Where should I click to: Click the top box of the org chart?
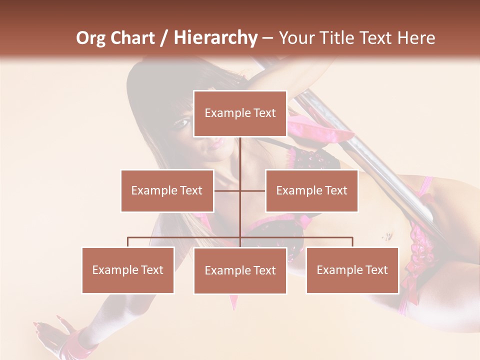[x=240, y=113]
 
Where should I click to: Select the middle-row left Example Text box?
[x=167, y=190]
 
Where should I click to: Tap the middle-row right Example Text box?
[x=311, y=190]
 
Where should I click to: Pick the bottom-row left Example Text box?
[x=128, y=270]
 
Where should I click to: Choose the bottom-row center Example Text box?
[x=240, y=270]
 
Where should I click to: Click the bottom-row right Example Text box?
[x=352, y=270]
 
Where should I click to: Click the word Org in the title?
[x=91, y=38]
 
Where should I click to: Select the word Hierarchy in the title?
[x=215, y=38]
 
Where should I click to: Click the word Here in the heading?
[x=416, y=38]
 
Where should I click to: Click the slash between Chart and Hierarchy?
[x=164, y=38]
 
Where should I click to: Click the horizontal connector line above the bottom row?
[x=185, y=237]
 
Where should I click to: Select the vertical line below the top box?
[x=240, y=160]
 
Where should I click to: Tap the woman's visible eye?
[x=183, y=122]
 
